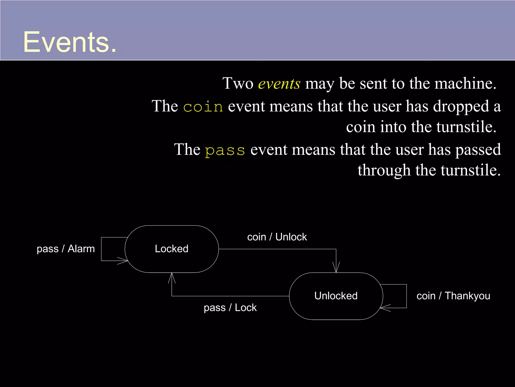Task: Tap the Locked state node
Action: pos(171,249)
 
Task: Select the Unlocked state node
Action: pos(336,296)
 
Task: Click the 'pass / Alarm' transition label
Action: pos(66,249)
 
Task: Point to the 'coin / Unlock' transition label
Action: pos(277,237)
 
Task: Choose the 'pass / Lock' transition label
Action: pos(230,308)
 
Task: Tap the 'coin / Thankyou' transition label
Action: pos(453,296)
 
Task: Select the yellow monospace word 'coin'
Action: pos(203,107)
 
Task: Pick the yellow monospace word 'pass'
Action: pos(225,150)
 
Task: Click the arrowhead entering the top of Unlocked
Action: pos(336,269)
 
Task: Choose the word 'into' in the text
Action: pos(393,127)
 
